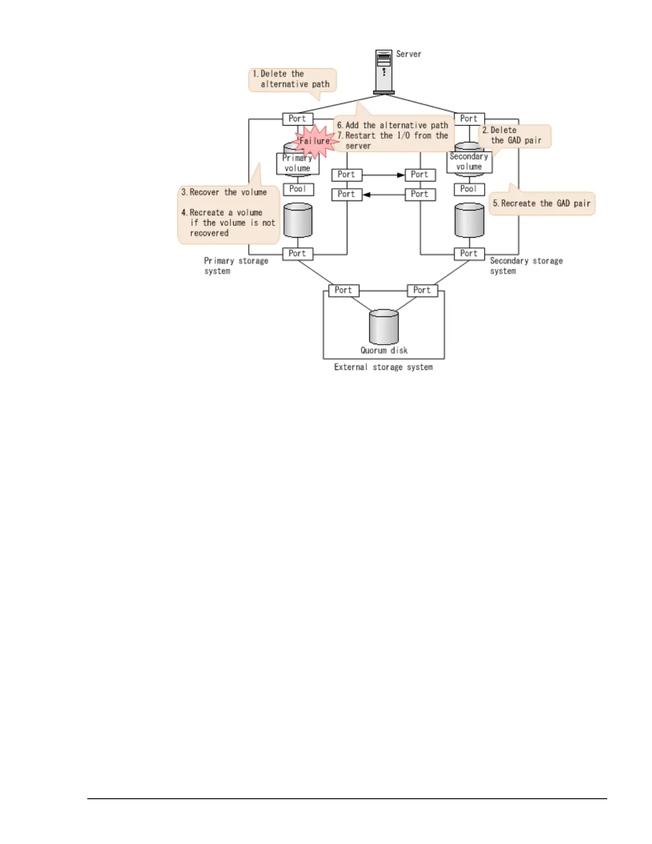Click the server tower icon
pos(384,72)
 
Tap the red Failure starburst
pos(315,141)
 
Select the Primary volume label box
pos(297,164)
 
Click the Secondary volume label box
pos(469,162)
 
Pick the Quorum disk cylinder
pos(384,327)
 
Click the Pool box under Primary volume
pos(298,189)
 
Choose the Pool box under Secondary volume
pos(469,189)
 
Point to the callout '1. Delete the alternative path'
pos(292,79)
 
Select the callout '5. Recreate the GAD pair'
pos(542,204)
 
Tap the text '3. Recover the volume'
pos(224,192)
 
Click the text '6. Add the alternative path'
pos(393,126)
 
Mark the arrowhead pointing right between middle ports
pos(401,175)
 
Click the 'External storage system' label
pos(384,367)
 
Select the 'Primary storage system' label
pos(236,266)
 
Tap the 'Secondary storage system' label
pos(526,266)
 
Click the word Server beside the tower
pos(409,54)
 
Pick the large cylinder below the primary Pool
pos(298,220)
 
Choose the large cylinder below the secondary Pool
pos(469,220)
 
